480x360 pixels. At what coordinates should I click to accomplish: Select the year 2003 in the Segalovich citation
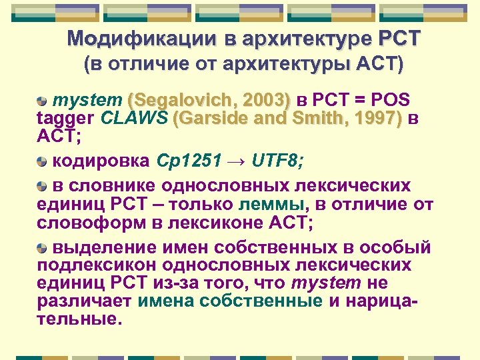(x=265, y=101)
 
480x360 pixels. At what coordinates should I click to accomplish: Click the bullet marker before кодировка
(x=42, y=161)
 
